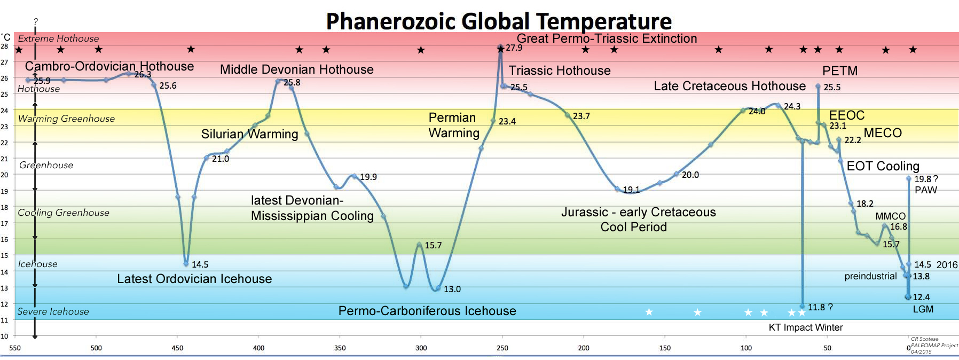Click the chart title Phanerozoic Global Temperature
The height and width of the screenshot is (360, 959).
click(x=499, y=21)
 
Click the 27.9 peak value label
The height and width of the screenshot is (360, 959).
click(x=514, y=48)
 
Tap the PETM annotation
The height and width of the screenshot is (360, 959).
click(x=840, y=71)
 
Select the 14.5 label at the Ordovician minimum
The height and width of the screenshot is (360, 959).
click(x=200, y=264)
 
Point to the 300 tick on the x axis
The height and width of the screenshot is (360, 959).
click(x=421, y=348)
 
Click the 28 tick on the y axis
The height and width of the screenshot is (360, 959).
click(x=4, y=46)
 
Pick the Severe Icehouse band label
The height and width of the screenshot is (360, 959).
click(x=53, y=311)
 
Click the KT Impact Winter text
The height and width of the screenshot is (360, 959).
click(x=805, y=327)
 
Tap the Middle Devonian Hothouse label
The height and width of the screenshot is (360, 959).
click(x=296, y=69)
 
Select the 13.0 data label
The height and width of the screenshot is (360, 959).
click(x=452, y=289)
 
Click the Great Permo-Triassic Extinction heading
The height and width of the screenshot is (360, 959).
click(x=607, y=38)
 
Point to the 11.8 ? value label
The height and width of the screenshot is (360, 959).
click(x=820, y=307)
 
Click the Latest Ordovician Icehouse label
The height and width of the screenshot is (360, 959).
click(x=194, y=279)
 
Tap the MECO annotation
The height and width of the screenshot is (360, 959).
click(x=883, y=133)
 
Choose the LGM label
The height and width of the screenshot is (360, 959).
click(x=923, y=309)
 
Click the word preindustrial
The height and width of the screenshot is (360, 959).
click(x=870, y=276)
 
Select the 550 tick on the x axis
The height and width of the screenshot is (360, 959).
click(x=15, y=348)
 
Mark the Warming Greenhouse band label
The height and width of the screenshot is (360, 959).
click(x=66, y=119)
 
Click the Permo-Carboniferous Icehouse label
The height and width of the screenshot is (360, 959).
click(x=427, y=311)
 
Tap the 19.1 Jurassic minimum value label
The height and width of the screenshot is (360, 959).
click(x=631, y=190)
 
